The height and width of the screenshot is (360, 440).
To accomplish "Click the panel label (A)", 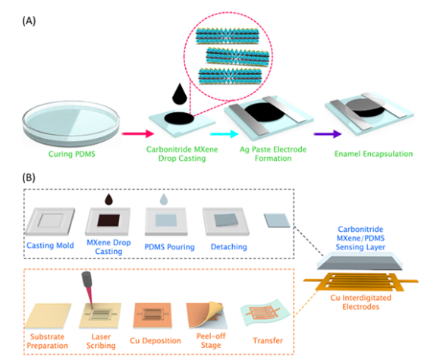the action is point(29,21).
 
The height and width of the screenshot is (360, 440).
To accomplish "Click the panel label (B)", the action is point(29,178).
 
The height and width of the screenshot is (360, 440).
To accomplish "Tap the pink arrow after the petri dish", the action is point(138,133).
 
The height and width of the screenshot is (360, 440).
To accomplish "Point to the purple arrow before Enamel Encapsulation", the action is point(328,133).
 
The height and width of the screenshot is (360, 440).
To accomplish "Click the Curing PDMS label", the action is point(72,154).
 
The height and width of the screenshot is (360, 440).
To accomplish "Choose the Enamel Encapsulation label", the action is point(373,154).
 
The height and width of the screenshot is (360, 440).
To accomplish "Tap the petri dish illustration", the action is point(71,124).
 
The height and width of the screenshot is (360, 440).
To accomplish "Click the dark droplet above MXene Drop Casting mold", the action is point(108,199).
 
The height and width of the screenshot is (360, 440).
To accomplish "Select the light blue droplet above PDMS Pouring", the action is point(164,199).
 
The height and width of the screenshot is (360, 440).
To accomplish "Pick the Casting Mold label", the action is point(50,246).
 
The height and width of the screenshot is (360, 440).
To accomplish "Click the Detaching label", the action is point(229,247).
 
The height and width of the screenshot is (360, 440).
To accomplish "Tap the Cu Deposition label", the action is point(156,340).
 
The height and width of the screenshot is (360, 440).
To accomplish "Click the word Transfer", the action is point(268,340).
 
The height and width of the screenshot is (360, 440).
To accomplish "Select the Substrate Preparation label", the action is point(48,341).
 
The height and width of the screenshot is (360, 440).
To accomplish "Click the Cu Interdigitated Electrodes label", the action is point(361,302).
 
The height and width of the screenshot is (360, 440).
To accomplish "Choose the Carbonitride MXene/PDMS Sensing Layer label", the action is point(360,238).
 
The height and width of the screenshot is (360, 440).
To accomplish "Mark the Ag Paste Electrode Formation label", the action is point(273,154).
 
